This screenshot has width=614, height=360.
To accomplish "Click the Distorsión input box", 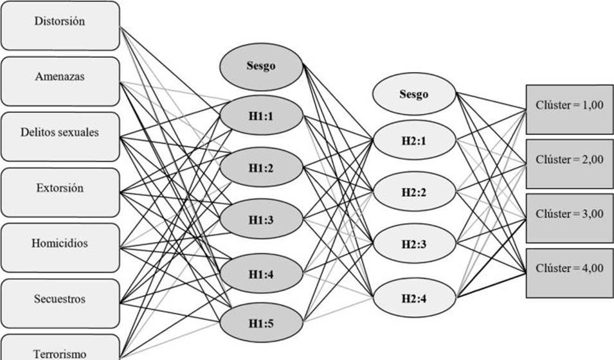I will click(60, 25).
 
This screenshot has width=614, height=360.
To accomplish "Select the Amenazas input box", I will click(60, 81).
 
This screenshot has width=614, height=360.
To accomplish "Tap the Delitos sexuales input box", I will click(60, 136).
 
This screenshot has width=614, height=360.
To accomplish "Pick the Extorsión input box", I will click(60, 192).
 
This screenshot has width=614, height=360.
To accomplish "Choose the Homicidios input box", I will click(60, 247).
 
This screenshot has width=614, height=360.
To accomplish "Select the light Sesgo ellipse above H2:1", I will click(413, 94).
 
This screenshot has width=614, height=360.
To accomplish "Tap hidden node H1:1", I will click(261, 116).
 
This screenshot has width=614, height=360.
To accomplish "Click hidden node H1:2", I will click(261, 168).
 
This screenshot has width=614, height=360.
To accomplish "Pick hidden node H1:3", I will click(261, 220).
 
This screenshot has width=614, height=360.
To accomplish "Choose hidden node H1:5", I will click(261, 323).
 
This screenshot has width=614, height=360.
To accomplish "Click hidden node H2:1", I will click(413, 139).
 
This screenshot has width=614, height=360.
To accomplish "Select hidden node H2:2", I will click(413, 191).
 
